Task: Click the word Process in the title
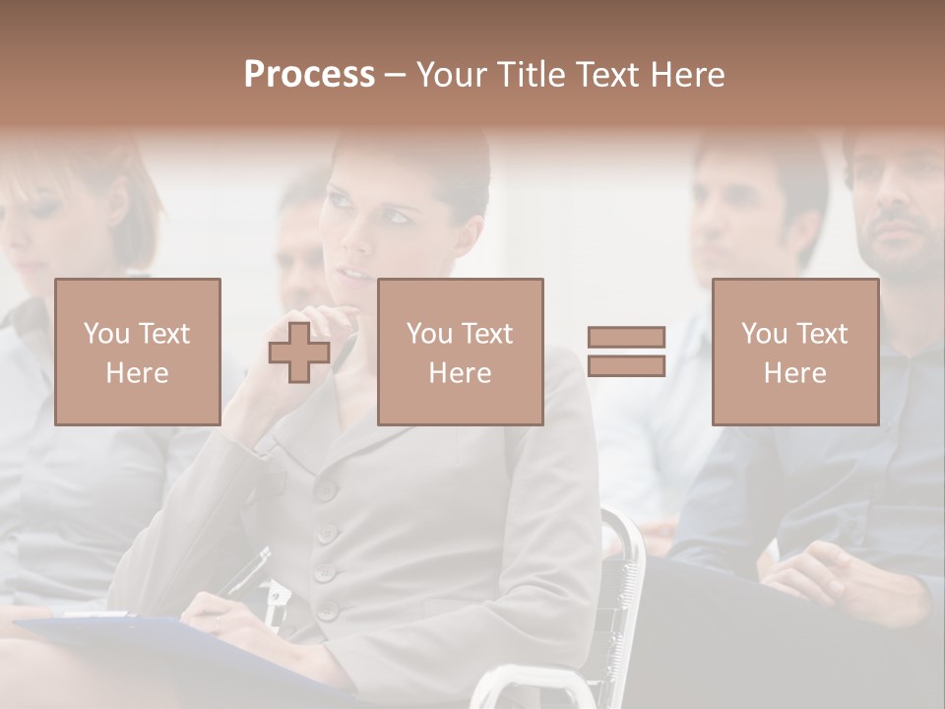coord(309,75)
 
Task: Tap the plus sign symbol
coord(299,353)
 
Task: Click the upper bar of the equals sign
coord(626,338)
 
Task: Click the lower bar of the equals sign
coord(626,365)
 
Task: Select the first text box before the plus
coord(138,352)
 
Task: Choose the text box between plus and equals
coord(460,352)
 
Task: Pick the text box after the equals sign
coord(794,352)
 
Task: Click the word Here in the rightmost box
coord(794,373)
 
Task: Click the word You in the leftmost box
coord(104,334)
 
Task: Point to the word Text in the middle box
coord(485,334)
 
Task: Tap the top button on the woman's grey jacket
coord(326,488)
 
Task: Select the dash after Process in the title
coord(395,75)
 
